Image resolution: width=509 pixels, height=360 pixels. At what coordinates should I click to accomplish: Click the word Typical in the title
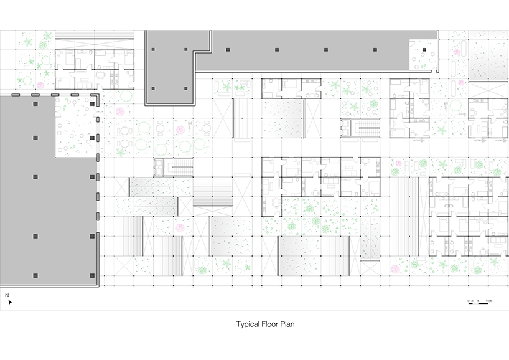point(248,324)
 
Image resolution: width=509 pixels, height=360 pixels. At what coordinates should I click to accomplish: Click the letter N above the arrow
point(7,294)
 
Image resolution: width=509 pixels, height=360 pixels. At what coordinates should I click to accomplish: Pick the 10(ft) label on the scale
point(489,300)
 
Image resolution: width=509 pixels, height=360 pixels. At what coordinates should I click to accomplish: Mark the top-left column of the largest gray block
point(36,104)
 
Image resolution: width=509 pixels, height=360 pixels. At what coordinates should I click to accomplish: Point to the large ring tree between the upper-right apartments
point(455,107)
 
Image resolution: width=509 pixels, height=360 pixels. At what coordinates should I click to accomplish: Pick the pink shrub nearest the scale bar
point(395,269)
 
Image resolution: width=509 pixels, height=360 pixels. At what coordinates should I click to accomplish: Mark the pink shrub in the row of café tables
point(180,130)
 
